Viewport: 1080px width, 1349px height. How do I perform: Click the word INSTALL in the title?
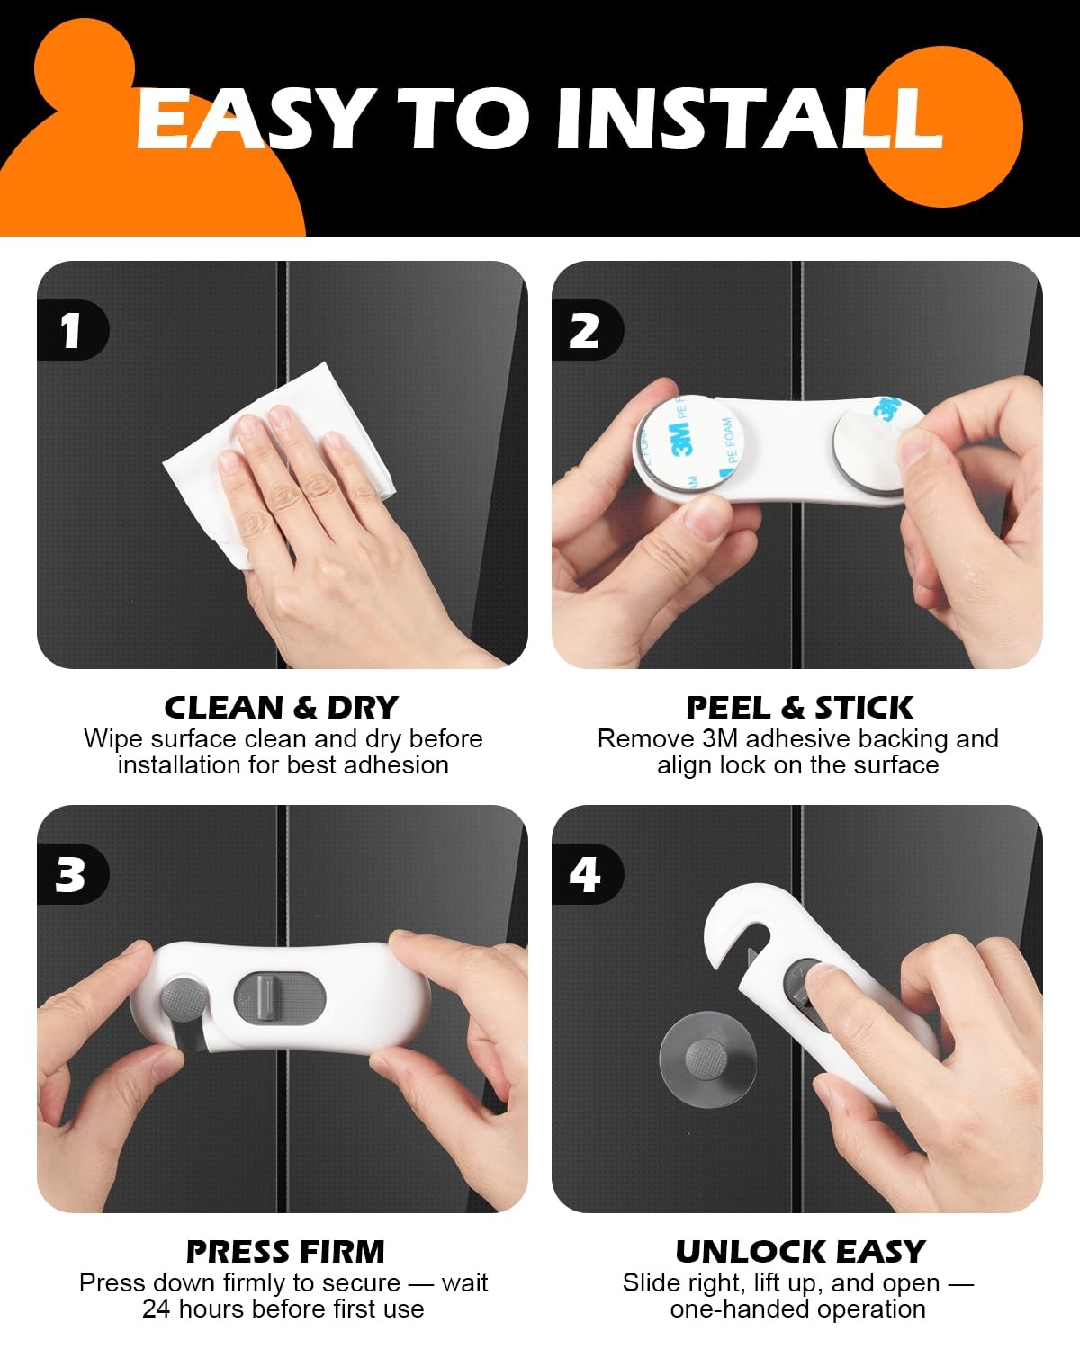point(750,119)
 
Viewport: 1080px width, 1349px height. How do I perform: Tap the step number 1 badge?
point(72,330)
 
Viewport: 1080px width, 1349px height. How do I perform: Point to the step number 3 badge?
point(72,874)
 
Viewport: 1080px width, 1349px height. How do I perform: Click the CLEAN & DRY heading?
point(282,708)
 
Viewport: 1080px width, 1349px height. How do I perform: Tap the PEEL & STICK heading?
point(799,708)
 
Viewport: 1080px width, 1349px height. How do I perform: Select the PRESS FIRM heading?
point(285,1252)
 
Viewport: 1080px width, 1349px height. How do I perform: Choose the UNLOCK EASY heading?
point(801,1252)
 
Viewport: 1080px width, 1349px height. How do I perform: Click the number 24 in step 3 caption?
point(156,1309)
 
